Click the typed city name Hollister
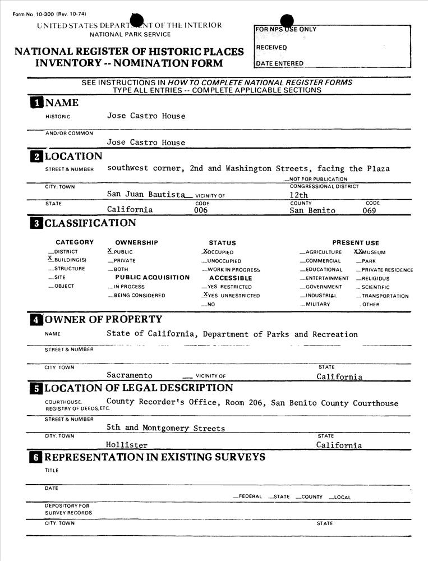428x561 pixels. [127, 445]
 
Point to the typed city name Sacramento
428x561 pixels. [130, 376]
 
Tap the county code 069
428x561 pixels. [369, 211]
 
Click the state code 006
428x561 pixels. [201, 210]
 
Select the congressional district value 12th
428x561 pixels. [294, 195]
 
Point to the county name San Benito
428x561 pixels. [312, 211]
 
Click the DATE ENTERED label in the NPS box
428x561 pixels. [279, 63]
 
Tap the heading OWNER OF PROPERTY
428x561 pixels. [103, 320]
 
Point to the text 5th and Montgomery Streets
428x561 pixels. [165, 428]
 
